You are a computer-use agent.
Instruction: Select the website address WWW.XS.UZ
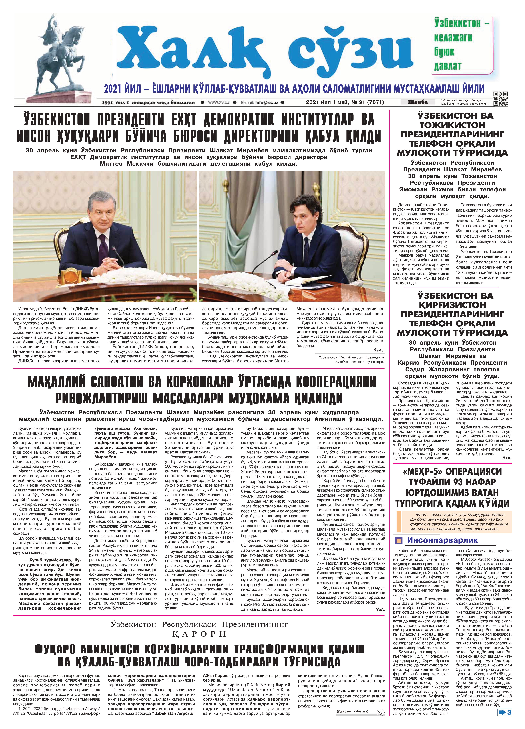coord(218,102)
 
